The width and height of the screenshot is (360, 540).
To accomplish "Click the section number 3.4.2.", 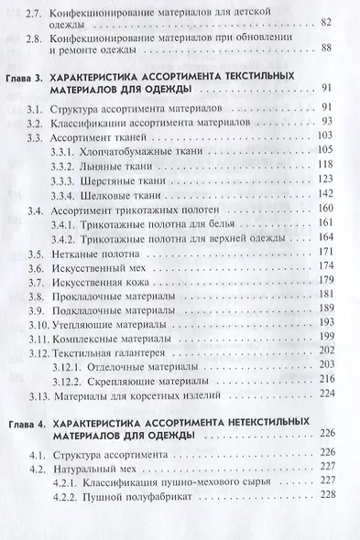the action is pos(66,237).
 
